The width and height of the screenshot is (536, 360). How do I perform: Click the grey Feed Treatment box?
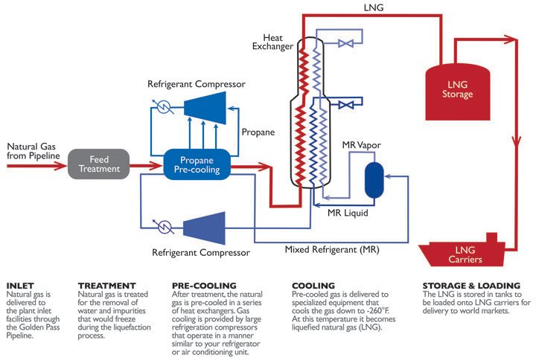point(99,164)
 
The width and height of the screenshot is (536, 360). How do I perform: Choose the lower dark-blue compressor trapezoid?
point(204,225)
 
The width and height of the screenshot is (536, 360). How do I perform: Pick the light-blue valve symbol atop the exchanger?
point(345,43)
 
